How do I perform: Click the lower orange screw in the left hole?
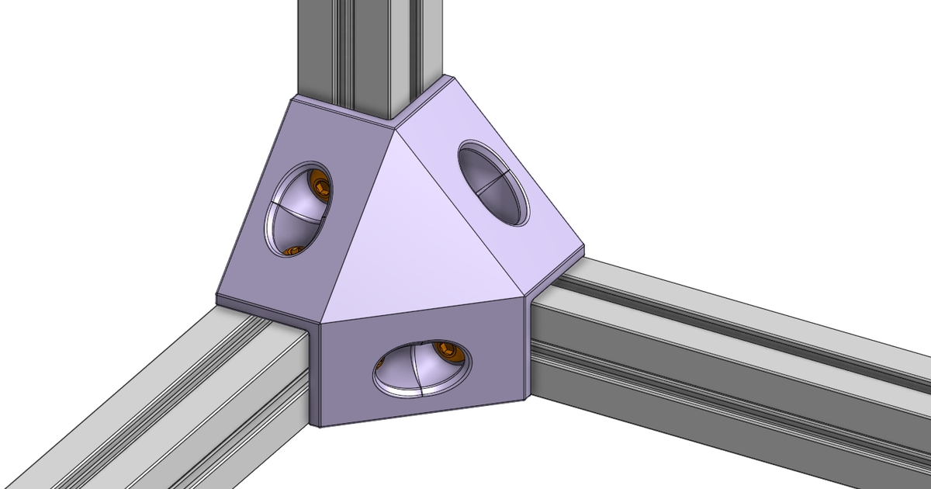coord(292,251)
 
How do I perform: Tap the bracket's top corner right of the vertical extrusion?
coord(449,76)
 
